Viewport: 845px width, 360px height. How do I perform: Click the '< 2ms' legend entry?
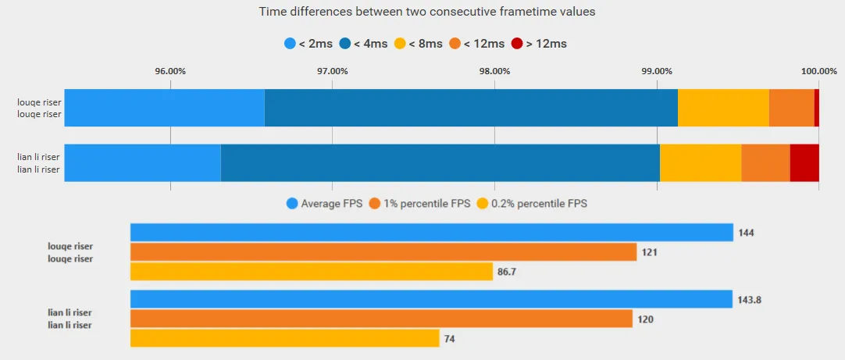tap(308, 44)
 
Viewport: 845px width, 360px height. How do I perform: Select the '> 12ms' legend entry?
tap(539, 44)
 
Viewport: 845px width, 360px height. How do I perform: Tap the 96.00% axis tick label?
tap(170, 71)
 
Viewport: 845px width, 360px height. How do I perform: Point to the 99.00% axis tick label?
tap(657, 71)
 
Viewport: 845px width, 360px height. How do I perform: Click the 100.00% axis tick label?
tap(819, 71)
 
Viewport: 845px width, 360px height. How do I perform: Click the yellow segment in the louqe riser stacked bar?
tap(723, 108)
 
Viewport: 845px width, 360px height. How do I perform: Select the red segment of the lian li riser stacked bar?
tap(804, 162)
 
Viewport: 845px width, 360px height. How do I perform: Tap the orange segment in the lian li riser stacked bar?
tap(765, 162)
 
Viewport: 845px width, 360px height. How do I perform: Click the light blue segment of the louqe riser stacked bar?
tap(164, 108)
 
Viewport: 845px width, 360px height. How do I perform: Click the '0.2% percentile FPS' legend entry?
tap(532, 204)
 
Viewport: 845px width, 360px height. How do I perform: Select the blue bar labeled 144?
tap(431, 232)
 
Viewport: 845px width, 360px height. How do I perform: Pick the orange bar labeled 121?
tap(383, 251)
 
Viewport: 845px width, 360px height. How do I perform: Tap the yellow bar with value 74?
tap(284, 338)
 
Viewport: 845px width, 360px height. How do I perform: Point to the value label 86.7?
tap(507, 272)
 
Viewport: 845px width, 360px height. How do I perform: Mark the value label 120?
tap(646, 319)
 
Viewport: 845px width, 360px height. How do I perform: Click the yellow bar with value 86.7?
tap(311, 272)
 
